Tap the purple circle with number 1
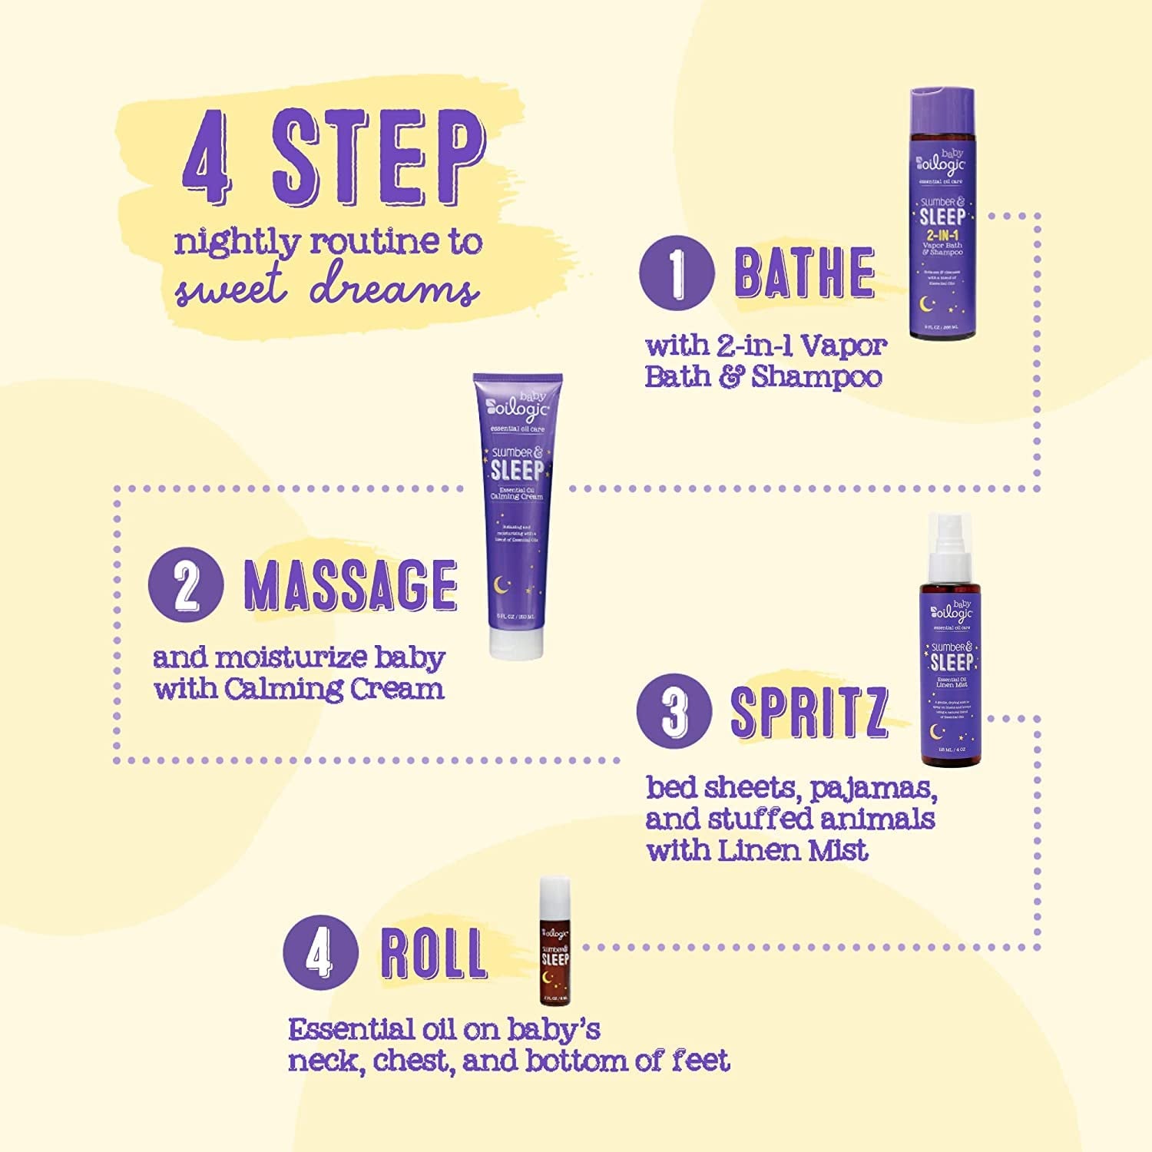point(677,272)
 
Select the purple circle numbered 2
point(186,587)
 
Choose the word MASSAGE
point(350,585)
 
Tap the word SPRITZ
point(808,711)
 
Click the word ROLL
point(433,954)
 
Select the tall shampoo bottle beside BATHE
point(942,215)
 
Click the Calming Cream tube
point(516,507)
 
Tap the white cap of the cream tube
point(516,641)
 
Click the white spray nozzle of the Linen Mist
point(950,545)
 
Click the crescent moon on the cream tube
point(502,585)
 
